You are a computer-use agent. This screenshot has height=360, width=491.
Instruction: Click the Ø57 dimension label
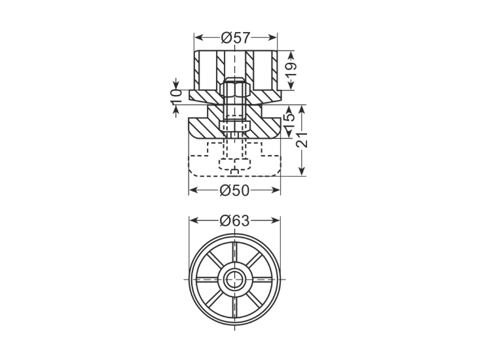(236, 38)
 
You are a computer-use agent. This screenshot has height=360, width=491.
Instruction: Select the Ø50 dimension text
(234, 190)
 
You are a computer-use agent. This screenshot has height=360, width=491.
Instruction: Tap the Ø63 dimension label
(234, 221)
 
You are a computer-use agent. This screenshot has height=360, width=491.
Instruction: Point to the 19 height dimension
(291, 71)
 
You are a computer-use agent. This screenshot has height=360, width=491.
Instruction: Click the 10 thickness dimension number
(176, 97)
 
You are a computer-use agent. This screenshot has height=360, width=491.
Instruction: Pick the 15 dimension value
(289, 122)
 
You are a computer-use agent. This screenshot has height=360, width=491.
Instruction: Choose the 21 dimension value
(302, 139)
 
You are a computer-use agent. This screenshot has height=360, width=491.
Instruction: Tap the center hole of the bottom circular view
(234, 279)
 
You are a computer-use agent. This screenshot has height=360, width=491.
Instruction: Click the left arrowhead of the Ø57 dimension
(198, 38)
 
